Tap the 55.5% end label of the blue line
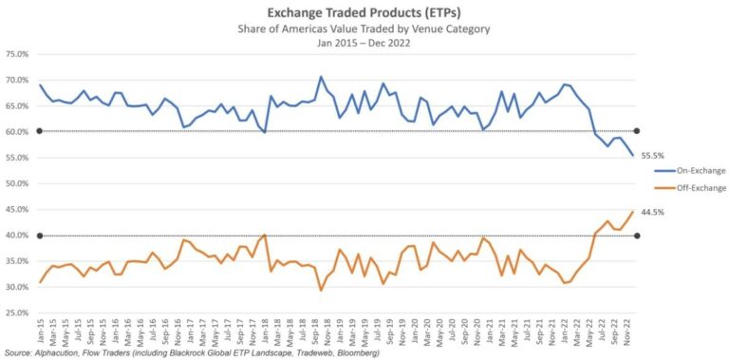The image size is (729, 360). pos(652,155)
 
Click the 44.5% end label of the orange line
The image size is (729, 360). pos(652,213)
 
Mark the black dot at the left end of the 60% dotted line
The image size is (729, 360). pos(39,131)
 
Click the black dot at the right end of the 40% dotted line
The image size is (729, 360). pos(636,236)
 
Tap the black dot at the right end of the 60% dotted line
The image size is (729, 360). pos(636,131)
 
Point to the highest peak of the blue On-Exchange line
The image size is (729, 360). pos(321,77)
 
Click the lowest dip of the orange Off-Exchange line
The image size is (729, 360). pos(321,290)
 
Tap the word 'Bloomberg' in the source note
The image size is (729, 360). pos(353,352)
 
